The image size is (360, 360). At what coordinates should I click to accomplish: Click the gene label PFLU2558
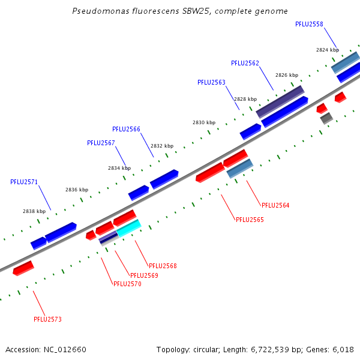(x=309, y=24)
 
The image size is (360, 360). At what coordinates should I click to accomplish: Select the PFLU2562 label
(x=245, y=63)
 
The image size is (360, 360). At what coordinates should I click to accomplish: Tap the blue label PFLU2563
(x=211, y=82)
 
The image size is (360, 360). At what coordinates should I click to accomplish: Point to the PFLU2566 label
(x=126, y=129)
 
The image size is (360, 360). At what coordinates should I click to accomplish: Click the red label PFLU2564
(x=275, y=205)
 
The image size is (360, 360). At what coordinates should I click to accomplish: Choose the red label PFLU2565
(x=250, y=220)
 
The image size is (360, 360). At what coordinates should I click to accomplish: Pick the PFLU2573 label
(x=47, y=319)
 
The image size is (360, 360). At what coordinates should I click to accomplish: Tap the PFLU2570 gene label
(x=127, y=284)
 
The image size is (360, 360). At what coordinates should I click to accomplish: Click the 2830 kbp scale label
(x=204, y=122)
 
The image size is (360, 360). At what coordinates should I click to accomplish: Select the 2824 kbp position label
(x=328, y=50)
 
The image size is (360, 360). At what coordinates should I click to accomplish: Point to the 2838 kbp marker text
(x=34, y=211)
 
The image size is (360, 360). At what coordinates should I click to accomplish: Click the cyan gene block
(x=129, y=228)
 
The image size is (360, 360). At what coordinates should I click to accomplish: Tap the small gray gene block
(x=326, y=118)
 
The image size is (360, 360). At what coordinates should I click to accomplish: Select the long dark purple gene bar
(x=280, y=102)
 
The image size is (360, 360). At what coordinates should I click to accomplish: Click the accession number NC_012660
(x=65, y=350)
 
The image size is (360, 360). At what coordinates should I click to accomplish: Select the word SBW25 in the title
(x=197, y=11)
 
